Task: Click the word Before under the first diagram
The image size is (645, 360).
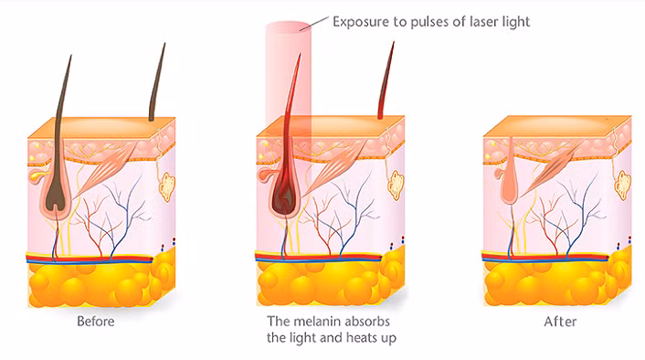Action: coord(95,321)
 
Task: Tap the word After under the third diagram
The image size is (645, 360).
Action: coord(560,322)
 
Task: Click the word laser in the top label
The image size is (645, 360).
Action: coord(483,21)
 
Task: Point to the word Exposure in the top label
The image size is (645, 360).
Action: coord(361,21)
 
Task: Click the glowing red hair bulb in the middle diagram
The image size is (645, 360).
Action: coord(284,197)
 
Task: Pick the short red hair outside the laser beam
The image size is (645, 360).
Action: coord(386,80)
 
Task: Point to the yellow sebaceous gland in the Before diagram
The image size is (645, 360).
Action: coord(37,175)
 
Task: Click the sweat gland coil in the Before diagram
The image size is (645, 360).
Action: coord(166,187)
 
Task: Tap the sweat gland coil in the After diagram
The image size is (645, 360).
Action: coord(623,186)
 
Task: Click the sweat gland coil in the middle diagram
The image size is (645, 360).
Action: coord(396,186)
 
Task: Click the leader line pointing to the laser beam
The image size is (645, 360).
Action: coord(314,24)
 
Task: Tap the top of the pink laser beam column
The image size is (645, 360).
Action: coord(288,26)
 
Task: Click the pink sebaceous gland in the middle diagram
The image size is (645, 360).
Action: coord(266,175)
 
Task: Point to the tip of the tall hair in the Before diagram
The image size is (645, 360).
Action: coord(70,56)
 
